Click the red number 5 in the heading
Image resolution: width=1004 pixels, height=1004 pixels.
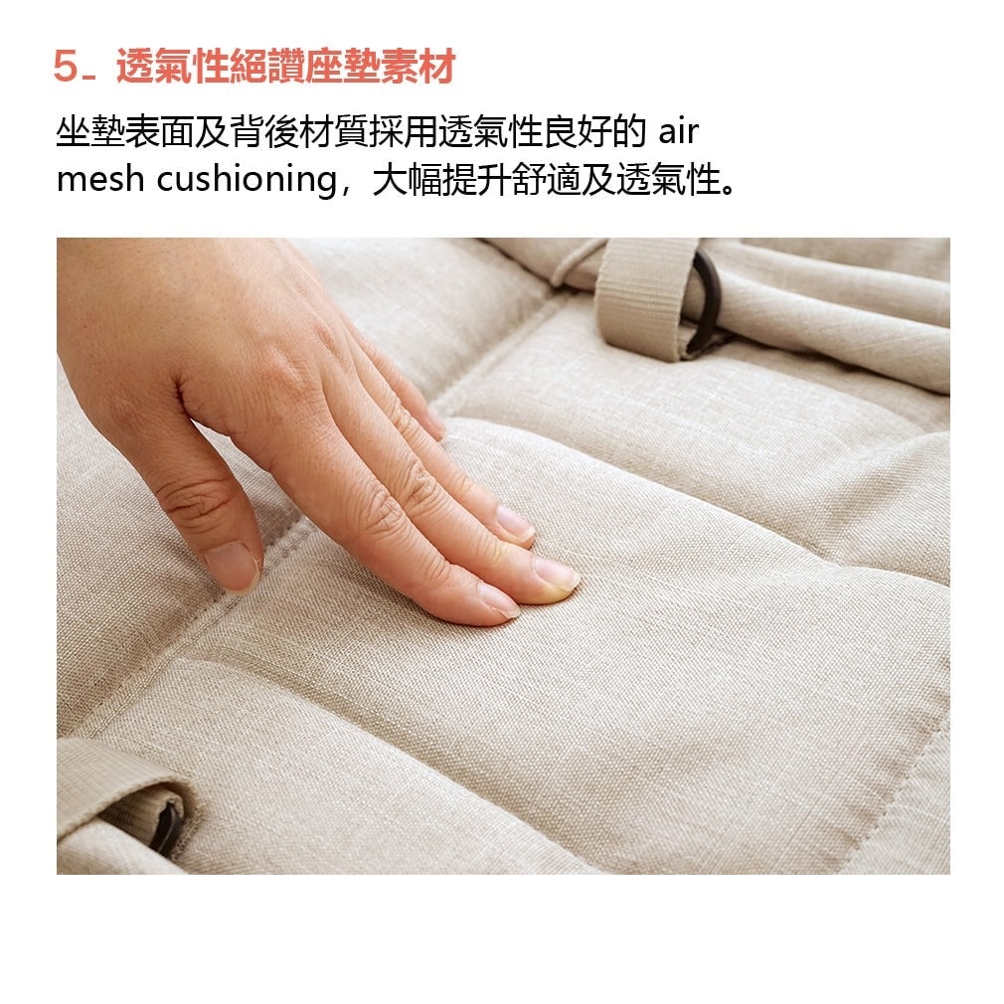(66, 66)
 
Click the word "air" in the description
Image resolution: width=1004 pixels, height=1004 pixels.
(678, 132)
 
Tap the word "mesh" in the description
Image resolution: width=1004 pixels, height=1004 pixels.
(99, 179)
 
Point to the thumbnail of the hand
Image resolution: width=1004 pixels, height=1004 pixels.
(233, 566)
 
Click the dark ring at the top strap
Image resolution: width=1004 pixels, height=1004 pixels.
(708, 301)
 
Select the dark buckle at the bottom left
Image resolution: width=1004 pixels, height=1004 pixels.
(168, 827)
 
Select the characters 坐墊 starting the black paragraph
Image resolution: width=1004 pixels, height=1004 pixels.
(90, 132)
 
